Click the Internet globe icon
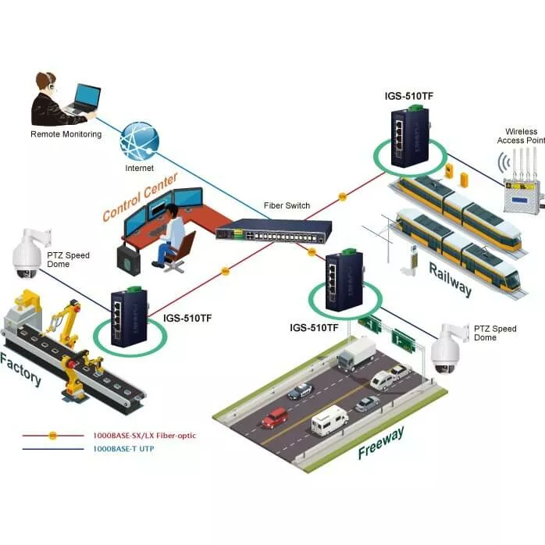coord(140,141)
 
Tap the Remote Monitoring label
coord(66,134)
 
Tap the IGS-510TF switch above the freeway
coord(341,277)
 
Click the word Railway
coord(450,279)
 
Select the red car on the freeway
coord(274,419)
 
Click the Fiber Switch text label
coord(287,206)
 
